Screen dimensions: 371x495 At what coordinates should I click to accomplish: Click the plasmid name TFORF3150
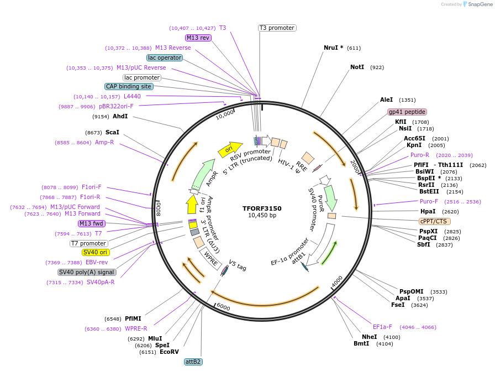262,208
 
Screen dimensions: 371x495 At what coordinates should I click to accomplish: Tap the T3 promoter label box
277,28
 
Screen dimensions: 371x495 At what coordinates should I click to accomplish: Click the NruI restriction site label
334,48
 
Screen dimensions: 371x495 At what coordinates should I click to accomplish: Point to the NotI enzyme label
357,67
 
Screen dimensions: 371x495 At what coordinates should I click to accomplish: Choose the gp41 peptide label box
407,111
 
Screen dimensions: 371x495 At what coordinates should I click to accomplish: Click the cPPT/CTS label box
433,221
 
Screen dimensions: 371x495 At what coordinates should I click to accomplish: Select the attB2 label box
193,362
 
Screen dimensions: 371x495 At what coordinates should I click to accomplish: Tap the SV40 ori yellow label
95,252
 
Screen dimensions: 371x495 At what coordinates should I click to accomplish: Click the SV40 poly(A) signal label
87,272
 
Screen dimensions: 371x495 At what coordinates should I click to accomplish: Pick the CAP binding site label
129,86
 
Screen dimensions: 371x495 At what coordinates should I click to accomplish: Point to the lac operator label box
165,58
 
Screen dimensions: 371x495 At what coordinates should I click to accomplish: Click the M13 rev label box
198,38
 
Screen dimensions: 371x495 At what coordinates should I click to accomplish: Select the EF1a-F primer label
382,327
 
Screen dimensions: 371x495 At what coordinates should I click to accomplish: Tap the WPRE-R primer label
135,328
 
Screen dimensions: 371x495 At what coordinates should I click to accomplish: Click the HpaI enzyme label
428,211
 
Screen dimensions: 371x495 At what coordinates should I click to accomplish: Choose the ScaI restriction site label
112,132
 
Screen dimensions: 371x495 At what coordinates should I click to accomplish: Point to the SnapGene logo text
478,4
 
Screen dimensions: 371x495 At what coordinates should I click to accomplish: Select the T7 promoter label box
88,243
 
